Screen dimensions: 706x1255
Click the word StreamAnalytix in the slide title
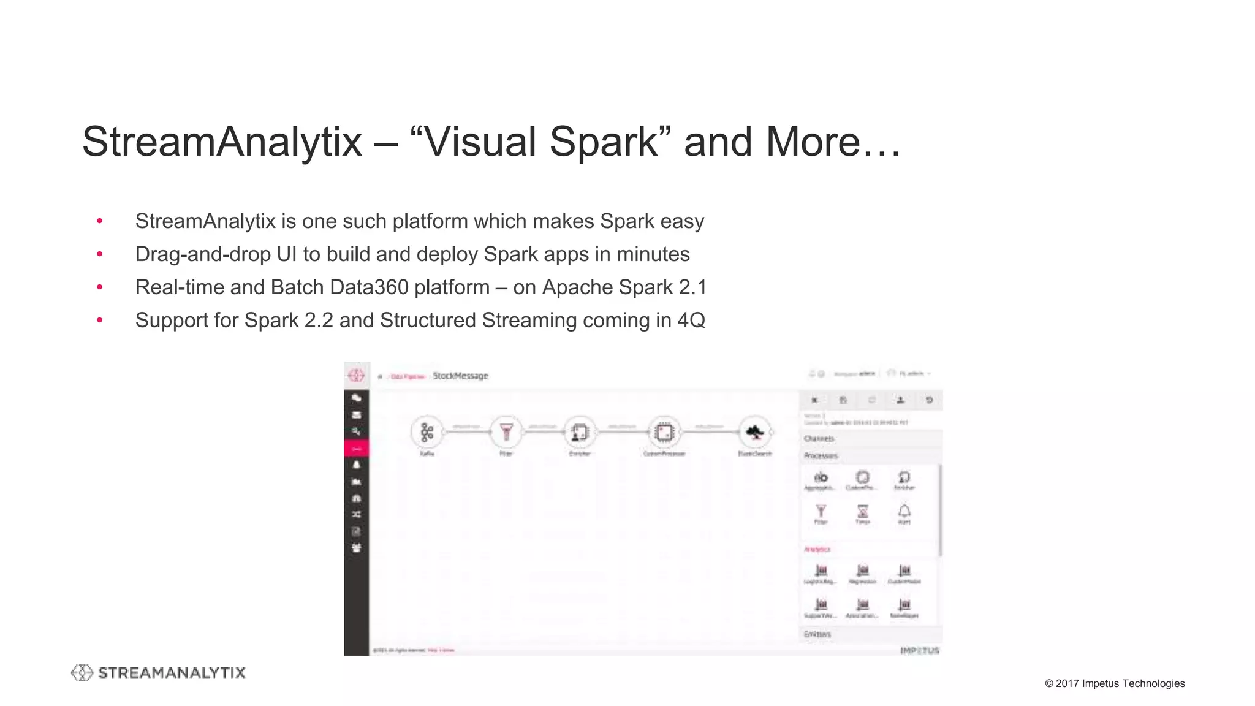tap(222, 142)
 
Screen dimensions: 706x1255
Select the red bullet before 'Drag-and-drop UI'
tap(100, 254)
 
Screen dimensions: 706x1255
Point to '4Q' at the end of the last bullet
tap(691, 321)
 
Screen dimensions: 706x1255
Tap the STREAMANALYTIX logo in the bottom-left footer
tap(158, 673)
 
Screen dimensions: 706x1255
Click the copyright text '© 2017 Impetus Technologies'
tap(1115, 683)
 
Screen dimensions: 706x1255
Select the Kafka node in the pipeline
tap(427, 433)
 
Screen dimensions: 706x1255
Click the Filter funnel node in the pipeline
tap(506, 433)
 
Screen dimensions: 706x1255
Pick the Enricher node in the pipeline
tap(580, 433)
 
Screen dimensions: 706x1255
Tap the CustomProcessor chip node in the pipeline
tap(664, 433)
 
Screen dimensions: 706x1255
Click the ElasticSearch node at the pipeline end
tap(754, 433)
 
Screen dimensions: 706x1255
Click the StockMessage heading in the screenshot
tap(460, 376)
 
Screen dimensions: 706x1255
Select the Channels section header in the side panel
tap(819, 439)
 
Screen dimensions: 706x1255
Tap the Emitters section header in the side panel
tap(817, 634)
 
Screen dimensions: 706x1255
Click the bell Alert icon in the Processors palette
tap(904, 511)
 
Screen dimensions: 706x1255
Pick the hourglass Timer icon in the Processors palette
tap(863, 511)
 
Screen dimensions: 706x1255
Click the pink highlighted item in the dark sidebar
tap(356, 449)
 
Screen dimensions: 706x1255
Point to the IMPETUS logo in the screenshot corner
tap(919, 650)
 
